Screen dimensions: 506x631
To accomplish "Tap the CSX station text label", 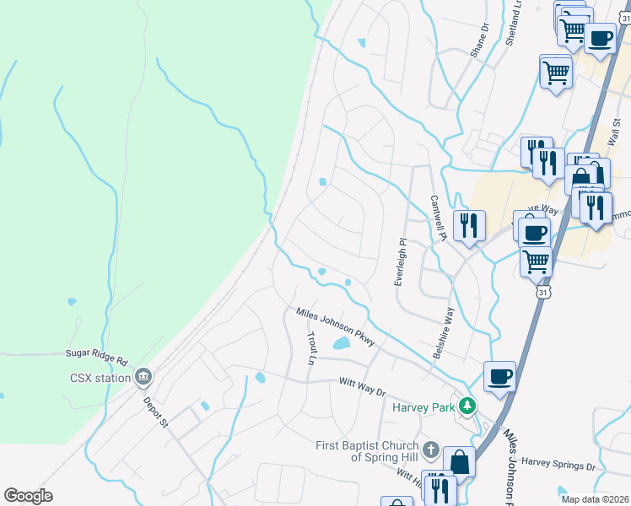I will pyautogui.click(x=100, y=377).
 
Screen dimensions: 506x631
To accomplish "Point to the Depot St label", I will pyautogui.click(x=156, y=412).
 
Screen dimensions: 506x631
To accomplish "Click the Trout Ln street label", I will pyautogui.click(x=311, y=347).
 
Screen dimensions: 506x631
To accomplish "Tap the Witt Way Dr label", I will pyautogui.click(x=362, y=386).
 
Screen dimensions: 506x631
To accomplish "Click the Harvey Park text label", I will pyautogui.click(x=423, y=407).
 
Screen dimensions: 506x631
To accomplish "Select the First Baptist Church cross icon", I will pyautogui.click(x=431, y=449).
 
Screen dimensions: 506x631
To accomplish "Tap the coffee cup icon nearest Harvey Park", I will pyautogui.click(x=499, y=375).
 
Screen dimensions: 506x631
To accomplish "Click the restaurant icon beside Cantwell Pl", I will pyautogui.click(x=469, y=224).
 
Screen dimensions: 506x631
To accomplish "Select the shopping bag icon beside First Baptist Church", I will pyautogui.click(x=459, y=460).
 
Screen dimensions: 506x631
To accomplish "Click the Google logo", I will pyautogui.click(x=29, y=495).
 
